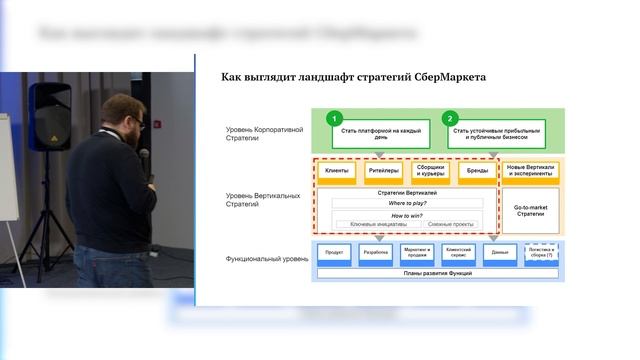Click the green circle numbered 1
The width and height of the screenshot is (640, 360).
click(x=337, y=117)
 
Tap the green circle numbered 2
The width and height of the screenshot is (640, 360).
click(x=450, y=117)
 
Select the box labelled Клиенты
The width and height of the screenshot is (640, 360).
click(x=338, y=171)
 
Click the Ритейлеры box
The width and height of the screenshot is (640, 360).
click(x=383, y=171)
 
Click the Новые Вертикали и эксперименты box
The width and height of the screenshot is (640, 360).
click(x=530, y=171)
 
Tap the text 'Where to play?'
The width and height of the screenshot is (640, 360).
click(x=405, y=203)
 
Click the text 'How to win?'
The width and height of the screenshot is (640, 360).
click(x=405, y=215)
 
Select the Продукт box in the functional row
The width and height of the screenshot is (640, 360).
click(x=335, y=253)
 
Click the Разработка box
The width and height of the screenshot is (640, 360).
click(x=376, y=253)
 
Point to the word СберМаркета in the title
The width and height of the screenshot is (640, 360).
click(x=444, y=76)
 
